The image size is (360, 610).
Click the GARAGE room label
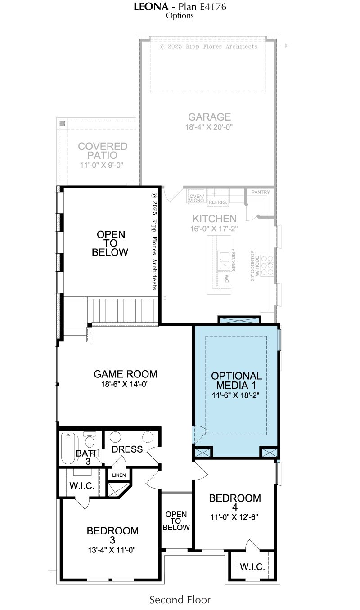click(x=209, y=117)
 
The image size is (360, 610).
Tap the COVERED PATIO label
click(x=103, y=151)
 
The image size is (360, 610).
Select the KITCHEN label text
click(x=214, y=219)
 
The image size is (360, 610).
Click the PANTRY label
click(x=261, y=192)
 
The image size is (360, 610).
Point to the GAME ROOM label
click(x=126, y=374)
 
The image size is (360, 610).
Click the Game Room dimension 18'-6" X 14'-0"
click(x=125, y=384)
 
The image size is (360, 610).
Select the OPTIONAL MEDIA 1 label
click(x=236, y=381)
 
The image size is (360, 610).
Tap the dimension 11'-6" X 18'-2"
click(x=235, y=395)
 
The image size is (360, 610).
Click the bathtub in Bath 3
click(x=68, y=448)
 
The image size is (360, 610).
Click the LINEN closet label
click(x=119, y=475)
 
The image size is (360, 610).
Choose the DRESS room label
click(x=127, y=449)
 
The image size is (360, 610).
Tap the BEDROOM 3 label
click(x=112, y=535)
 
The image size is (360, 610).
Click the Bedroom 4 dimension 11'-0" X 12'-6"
click(x=234, y=517)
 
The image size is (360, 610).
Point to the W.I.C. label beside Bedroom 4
click(x=252, y=567)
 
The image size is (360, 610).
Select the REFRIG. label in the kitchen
click(x=218, y=202)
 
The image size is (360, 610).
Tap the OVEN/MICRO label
click(x=196, y=198)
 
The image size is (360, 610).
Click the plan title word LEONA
click(x=151, y=7)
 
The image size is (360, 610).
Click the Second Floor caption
click(x=180, y=600)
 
